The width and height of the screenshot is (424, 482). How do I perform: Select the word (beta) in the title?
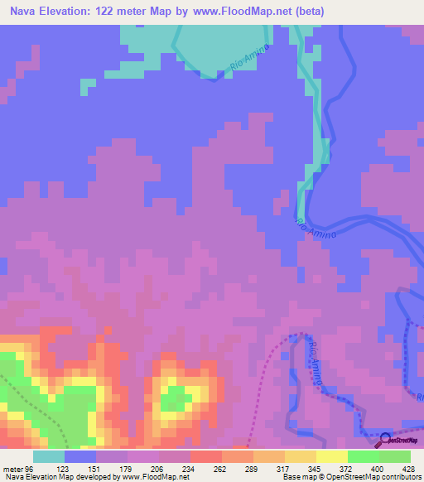point(306,12)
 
